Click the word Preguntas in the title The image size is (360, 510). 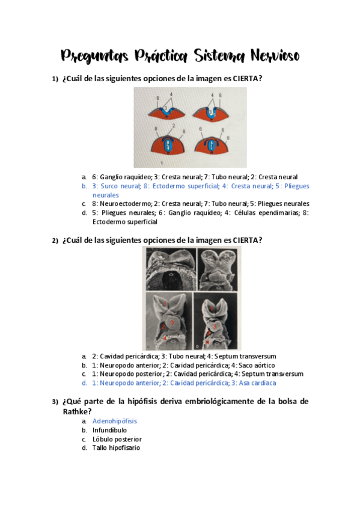pyautogui.click(x=94, y=56)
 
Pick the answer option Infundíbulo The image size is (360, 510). pyautogui.click(x=109, y=430)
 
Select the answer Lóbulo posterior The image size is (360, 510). pyautogui.click(x=112, y=439)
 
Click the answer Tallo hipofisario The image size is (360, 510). pyautogui.click(x=116, y=448)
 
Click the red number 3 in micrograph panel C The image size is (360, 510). pyautogui.click(x=172, y=323)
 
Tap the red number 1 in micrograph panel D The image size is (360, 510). pyautogui.click(x=212, y=310)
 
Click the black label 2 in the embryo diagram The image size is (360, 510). pyautogui.click(x=172, y=126)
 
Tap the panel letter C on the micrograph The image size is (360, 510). pyautogui.click(x=148, y=347)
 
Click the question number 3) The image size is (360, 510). pyautogui.click(x=55, y=401)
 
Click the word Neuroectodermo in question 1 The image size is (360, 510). pyautogui.click(x=117, y=204)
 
